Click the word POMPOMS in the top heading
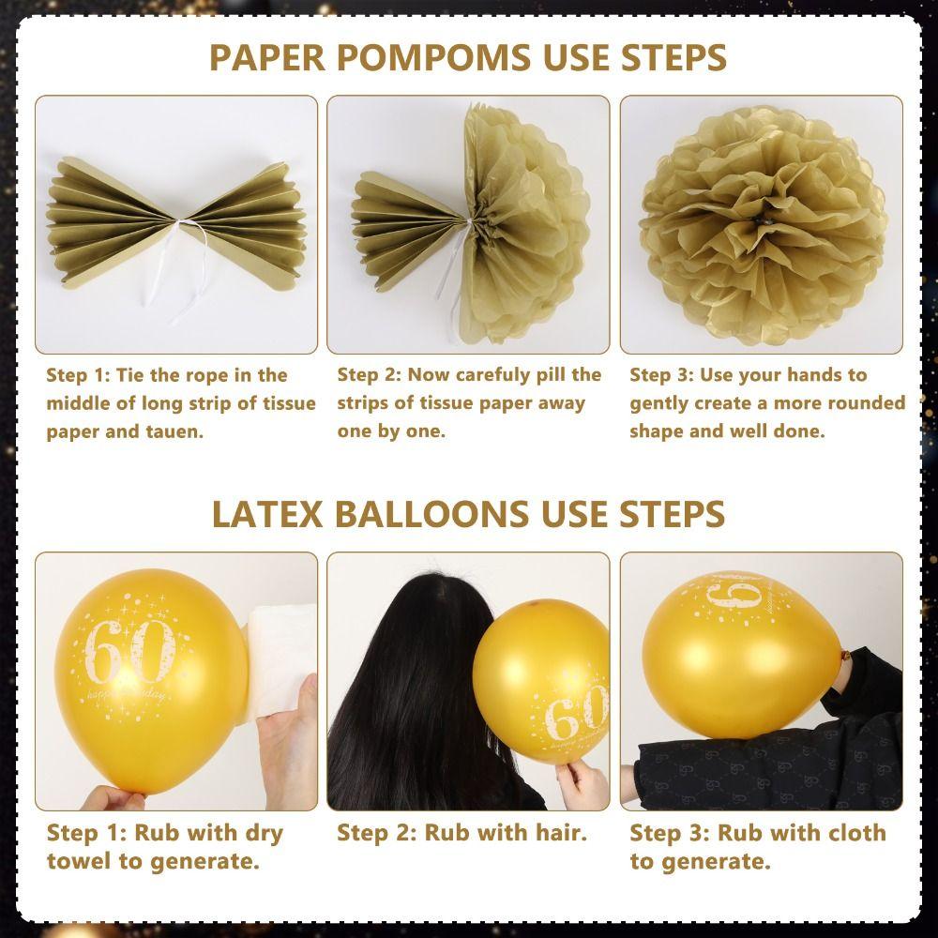click(433, 57)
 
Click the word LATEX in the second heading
click(267, 514)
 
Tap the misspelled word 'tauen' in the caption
click(174, 431)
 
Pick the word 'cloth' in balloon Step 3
click(855, 832)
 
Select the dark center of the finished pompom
click(762, 220)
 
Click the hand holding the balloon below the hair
click(582, 782)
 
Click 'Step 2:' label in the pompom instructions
click(369, 375)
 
